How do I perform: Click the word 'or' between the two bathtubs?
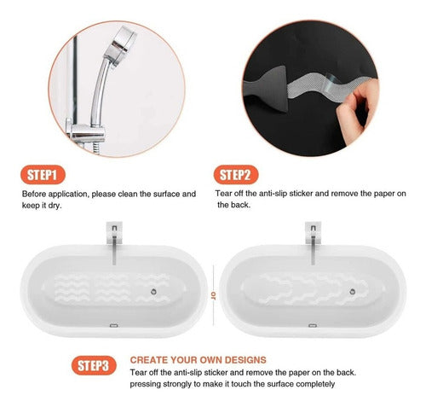[213, 294]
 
